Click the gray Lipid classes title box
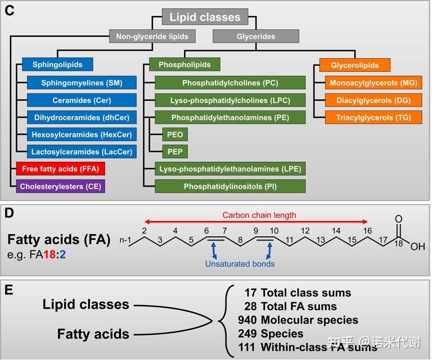click(205, 17)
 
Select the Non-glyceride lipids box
click(152, 36)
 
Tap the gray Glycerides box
click(255, 36)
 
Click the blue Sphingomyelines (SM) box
click(81, 82)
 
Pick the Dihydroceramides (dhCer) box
click(81, 117)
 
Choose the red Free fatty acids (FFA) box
click(60, 169)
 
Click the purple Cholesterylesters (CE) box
click(60, 186)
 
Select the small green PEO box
click(175, 134)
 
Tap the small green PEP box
click(175, 151)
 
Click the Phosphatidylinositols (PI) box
click(230, 186)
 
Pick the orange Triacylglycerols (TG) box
click(373, 117)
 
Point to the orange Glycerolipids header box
click(355, 65)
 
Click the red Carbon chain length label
click(259, 215)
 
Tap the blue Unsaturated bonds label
click(239, 264)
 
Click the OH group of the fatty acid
click(417, 246)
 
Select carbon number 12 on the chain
click(305, 231)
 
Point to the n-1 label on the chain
click(125, 240)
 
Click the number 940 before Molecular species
click(247, 320)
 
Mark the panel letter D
click(9, 213)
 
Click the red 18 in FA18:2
click(49, 254)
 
